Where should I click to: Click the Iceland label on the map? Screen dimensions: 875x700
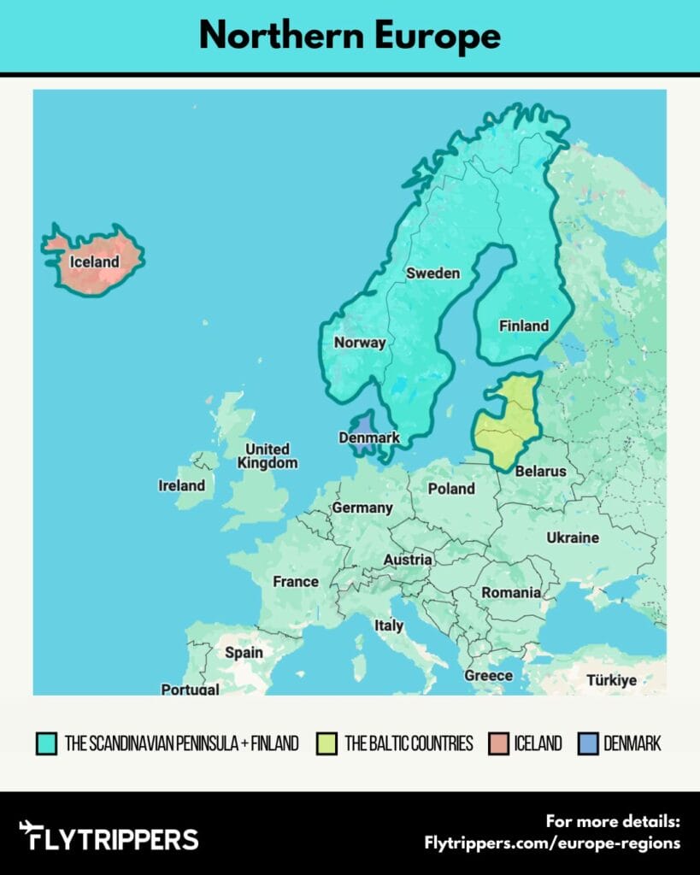(x=94, y=262)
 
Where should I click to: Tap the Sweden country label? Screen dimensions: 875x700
(x=432, y=273)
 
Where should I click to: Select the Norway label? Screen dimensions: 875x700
(x=360, y=343)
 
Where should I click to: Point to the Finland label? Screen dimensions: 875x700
(x=524, y=326)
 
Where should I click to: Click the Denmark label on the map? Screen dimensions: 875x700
(x=369, y=437)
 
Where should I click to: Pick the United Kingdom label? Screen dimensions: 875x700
(x=268, y=455)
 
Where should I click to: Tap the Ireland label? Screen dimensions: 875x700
(x=182, y=485)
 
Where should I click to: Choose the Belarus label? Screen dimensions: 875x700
(x=540, y=471)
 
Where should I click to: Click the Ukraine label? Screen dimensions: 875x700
(x=573, y=537)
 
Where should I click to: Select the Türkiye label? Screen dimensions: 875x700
(x=611, y=680)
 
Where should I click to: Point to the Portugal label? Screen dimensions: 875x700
(x=190, y=689)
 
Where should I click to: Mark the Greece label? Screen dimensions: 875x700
(x=489, y=675)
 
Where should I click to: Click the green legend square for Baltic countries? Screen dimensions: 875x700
(x=326, y=743)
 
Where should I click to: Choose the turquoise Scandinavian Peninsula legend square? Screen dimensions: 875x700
(x=47, y=743)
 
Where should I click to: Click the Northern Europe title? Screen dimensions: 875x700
(x=350, y=36)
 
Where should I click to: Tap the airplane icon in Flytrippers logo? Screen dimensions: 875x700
(x=31, y=833)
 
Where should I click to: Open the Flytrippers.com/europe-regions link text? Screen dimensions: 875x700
(x=552, y=843)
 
